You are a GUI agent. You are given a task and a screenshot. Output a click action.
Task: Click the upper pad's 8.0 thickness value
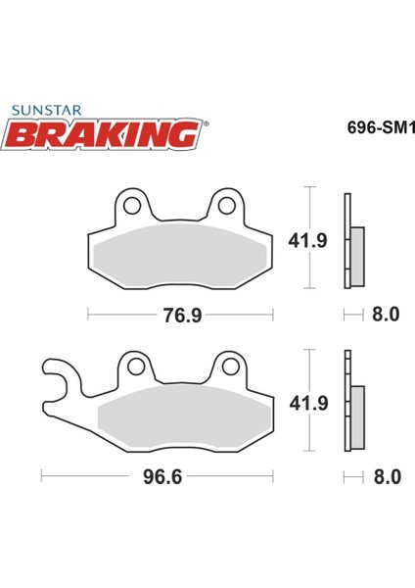(x=385, y=315)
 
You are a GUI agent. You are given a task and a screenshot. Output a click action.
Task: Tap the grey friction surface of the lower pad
(x=181, y=416)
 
